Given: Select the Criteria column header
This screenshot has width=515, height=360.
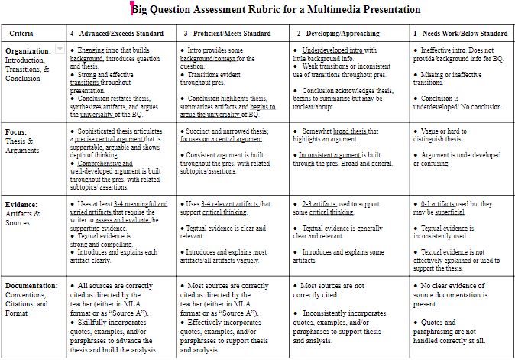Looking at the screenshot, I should click(x=26, y=34).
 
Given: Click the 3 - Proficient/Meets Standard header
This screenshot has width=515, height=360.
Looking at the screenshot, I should click(x=227, y=34).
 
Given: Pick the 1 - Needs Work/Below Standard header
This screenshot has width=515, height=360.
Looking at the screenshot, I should click(x=460, y=34).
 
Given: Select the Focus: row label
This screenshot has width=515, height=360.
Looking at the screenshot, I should click(x=16, y=131).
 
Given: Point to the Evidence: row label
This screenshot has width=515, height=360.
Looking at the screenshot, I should click(x=21, y=205).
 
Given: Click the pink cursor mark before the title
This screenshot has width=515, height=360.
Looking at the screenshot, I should click(x=131, y=8).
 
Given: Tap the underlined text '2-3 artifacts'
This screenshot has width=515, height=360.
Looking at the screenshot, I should click(x=319, y=205).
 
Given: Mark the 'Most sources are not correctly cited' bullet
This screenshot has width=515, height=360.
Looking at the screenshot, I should click(x=339, y=290).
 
